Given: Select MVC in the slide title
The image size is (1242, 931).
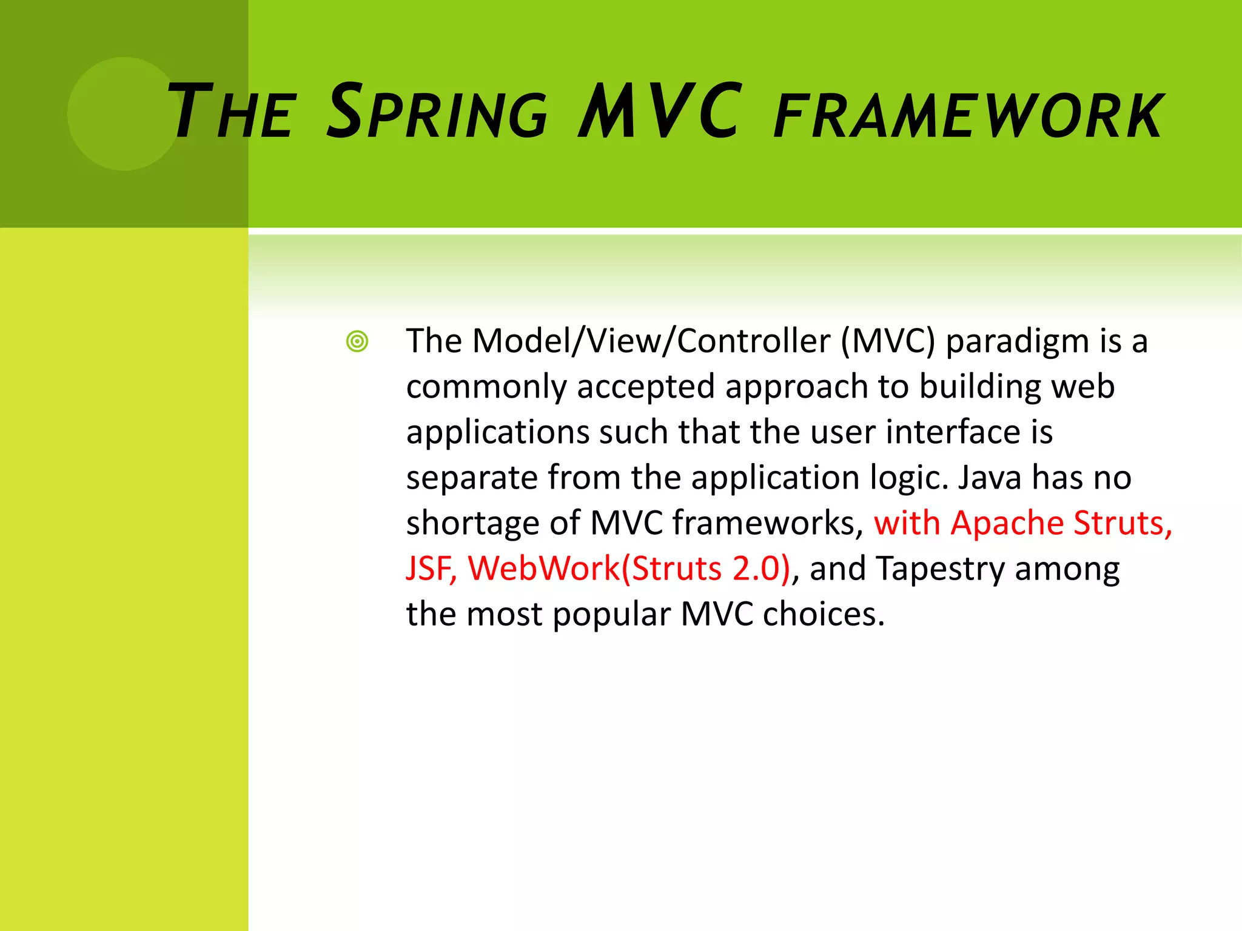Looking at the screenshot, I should click(659, 112).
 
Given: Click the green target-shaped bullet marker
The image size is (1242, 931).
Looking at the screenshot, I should click(357, 341).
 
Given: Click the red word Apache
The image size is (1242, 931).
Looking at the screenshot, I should click(1007, 523).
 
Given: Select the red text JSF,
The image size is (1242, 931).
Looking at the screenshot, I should click(431, 569).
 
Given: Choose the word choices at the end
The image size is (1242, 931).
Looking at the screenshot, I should click(823, 614).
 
